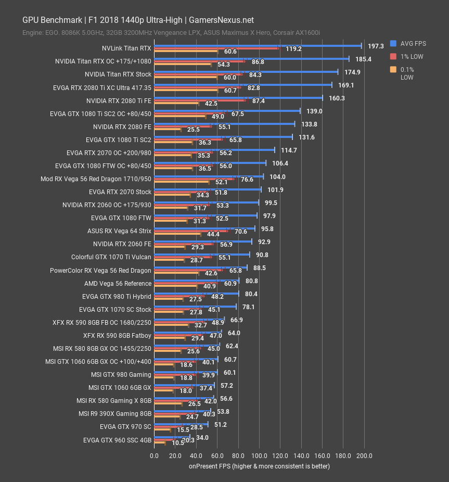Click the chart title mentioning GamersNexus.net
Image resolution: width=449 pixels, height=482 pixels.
click(x=138, y=20)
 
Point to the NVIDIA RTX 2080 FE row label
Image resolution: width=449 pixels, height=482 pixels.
click(x=122, y=126)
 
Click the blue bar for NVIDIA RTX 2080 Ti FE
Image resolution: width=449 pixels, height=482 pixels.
click(x=238, y=98)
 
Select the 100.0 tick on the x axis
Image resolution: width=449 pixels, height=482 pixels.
click(x=259, y=456)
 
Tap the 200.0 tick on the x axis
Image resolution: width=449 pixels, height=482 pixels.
click(x=364, y=456)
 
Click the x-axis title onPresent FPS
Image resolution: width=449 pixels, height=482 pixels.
click(x=259, y=466)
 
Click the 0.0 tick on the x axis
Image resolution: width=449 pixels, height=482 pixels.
click(x=155, y=456)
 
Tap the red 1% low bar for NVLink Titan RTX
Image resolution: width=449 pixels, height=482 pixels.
click(x=216, y=48)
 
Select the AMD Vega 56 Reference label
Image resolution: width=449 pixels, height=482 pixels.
click(x=118, y=284)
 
